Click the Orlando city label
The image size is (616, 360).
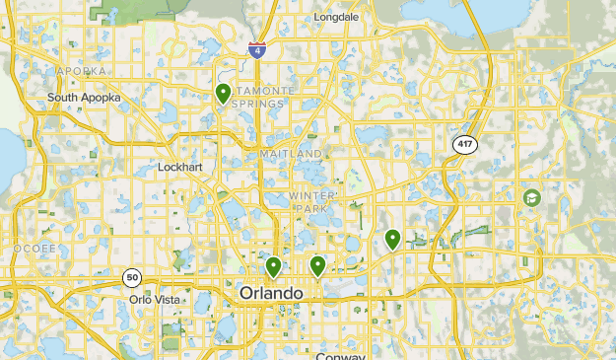pyautogui.click(x=271, y=294)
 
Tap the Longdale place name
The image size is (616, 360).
pyautogui.click(x=336, y=18)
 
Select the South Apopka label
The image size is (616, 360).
pyautogui.click(x=84, y=98)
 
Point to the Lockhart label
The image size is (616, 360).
pyautogui.click(x=180, y=168)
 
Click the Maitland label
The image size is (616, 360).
pyautogui.click(x=291, y=155)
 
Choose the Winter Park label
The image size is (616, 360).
pyautogui.click(x=312, y=202)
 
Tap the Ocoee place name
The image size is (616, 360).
pyautogui.click(x=34, y=249)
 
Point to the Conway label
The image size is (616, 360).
pyautogui.click(x=342, y=356)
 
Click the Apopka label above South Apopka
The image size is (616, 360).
pyautogui.click(x=80, y=71)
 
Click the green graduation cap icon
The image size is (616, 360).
pyautogui.click(x=533, y=198)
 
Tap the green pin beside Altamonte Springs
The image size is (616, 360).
pyautogui.click(x=224, y=94)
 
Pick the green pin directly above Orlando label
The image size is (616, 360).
pyautogui.click(x=273, y=266)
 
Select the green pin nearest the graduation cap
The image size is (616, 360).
pyautogui.click(x=393, y=239)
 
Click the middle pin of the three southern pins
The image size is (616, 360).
pyautogui.click(x=318, y=265)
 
